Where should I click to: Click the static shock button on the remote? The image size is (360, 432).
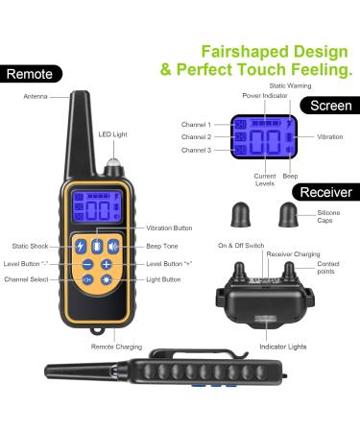coord(81,247)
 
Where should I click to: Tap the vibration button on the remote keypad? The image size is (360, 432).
coord(97,246)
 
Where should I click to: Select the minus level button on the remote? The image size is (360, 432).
coord(87,264)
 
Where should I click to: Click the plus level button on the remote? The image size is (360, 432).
coord(107,264)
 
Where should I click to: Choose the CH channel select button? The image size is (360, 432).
coord(87,280)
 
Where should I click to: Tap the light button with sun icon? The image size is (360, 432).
coord(107,280)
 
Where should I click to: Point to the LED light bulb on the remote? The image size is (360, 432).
coord(113,162)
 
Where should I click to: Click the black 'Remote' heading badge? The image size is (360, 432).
coord(31,74)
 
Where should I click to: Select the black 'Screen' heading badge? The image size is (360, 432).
coord(330,106)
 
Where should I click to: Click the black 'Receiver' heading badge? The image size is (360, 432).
coord(326,192)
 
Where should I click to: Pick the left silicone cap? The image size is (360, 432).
coord(241,215)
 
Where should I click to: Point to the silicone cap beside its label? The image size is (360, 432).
coord(288,215)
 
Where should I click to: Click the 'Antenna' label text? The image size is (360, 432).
coord(36,96)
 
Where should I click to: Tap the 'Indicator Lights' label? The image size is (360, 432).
coord(283,347)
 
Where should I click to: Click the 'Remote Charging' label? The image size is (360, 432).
coord(116,347)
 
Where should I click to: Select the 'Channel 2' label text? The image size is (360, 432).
coord(196,137)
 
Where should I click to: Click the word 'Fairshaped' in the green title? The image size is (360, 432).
coord(245,52)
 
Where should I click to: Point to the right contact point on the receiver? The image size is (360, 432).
coord(289,271)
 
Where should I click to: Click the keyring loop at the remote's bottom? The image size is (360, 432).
coord(97,330)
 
